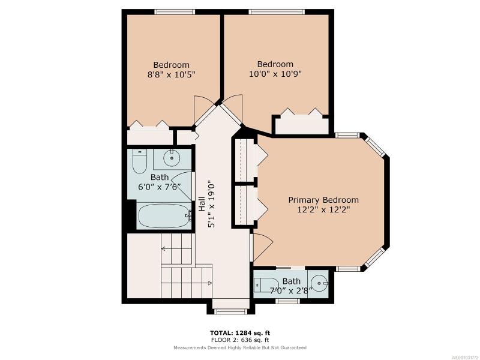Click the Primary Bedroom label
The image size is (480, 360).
point(323,200)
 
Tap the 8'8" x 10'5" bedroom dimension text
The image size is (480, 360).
point(172,74)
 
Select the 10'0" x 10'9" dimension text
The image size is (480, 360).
point(275,74)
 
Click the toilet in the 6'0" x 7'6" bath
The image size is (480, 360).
point(139,161)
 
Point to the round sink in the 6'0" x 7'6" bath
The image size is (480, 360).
point(172,158)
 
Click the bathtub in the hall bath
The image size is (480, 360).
point(164,215)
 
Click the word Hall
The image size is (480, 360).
point(202,204)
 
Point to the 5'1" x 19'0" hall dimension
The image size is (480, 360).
point(212,205)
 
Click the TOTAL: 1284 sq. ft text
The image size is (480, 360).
point(240,333)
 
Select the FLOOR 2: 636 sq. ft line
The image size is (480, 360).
point(240,340)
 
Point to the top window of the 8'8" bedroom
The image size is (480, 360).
point(175,12)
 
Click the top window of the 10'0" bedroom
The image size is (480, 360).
point(277,12)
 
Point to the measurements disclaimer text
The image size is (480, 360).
point(240,348)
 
